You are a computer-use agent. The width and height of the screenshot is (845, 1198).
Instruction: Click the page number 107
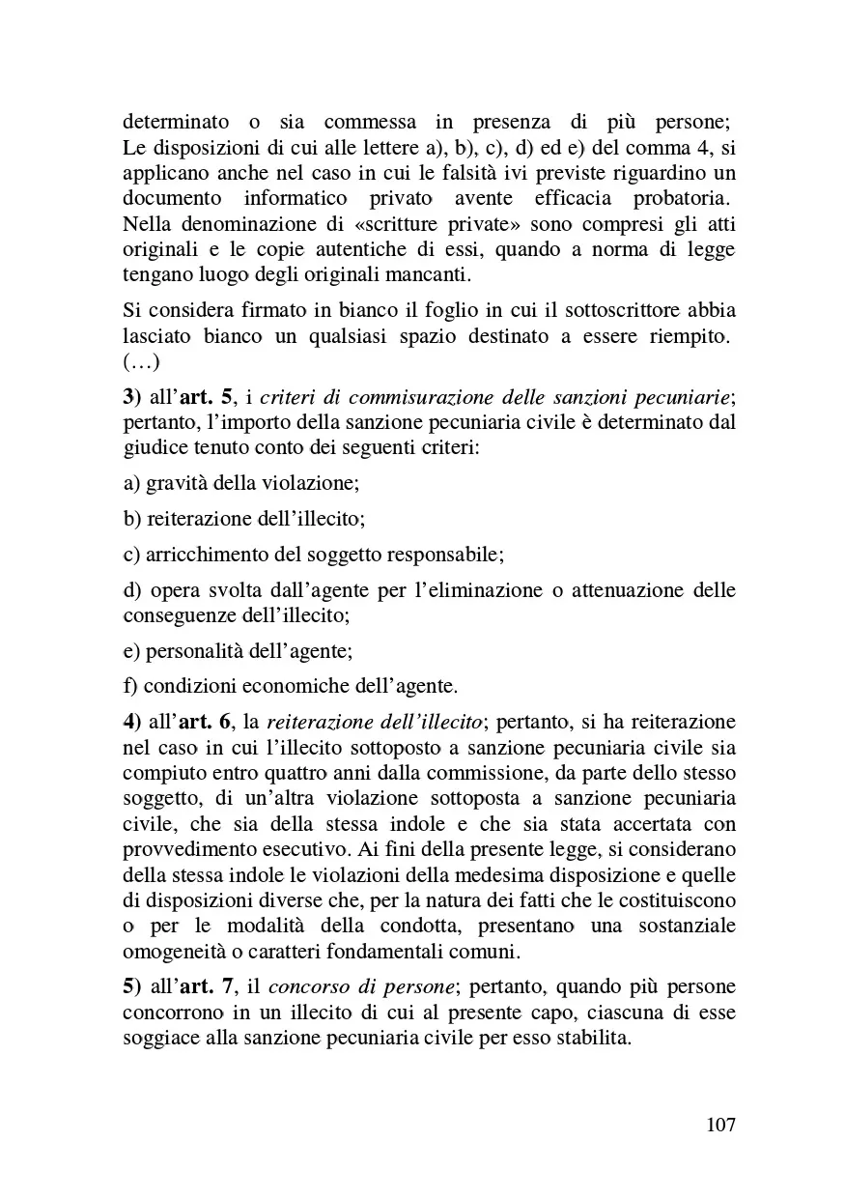720,1126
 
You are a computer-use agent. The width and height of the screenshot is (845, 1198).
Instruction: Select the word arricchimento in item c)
205,555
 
